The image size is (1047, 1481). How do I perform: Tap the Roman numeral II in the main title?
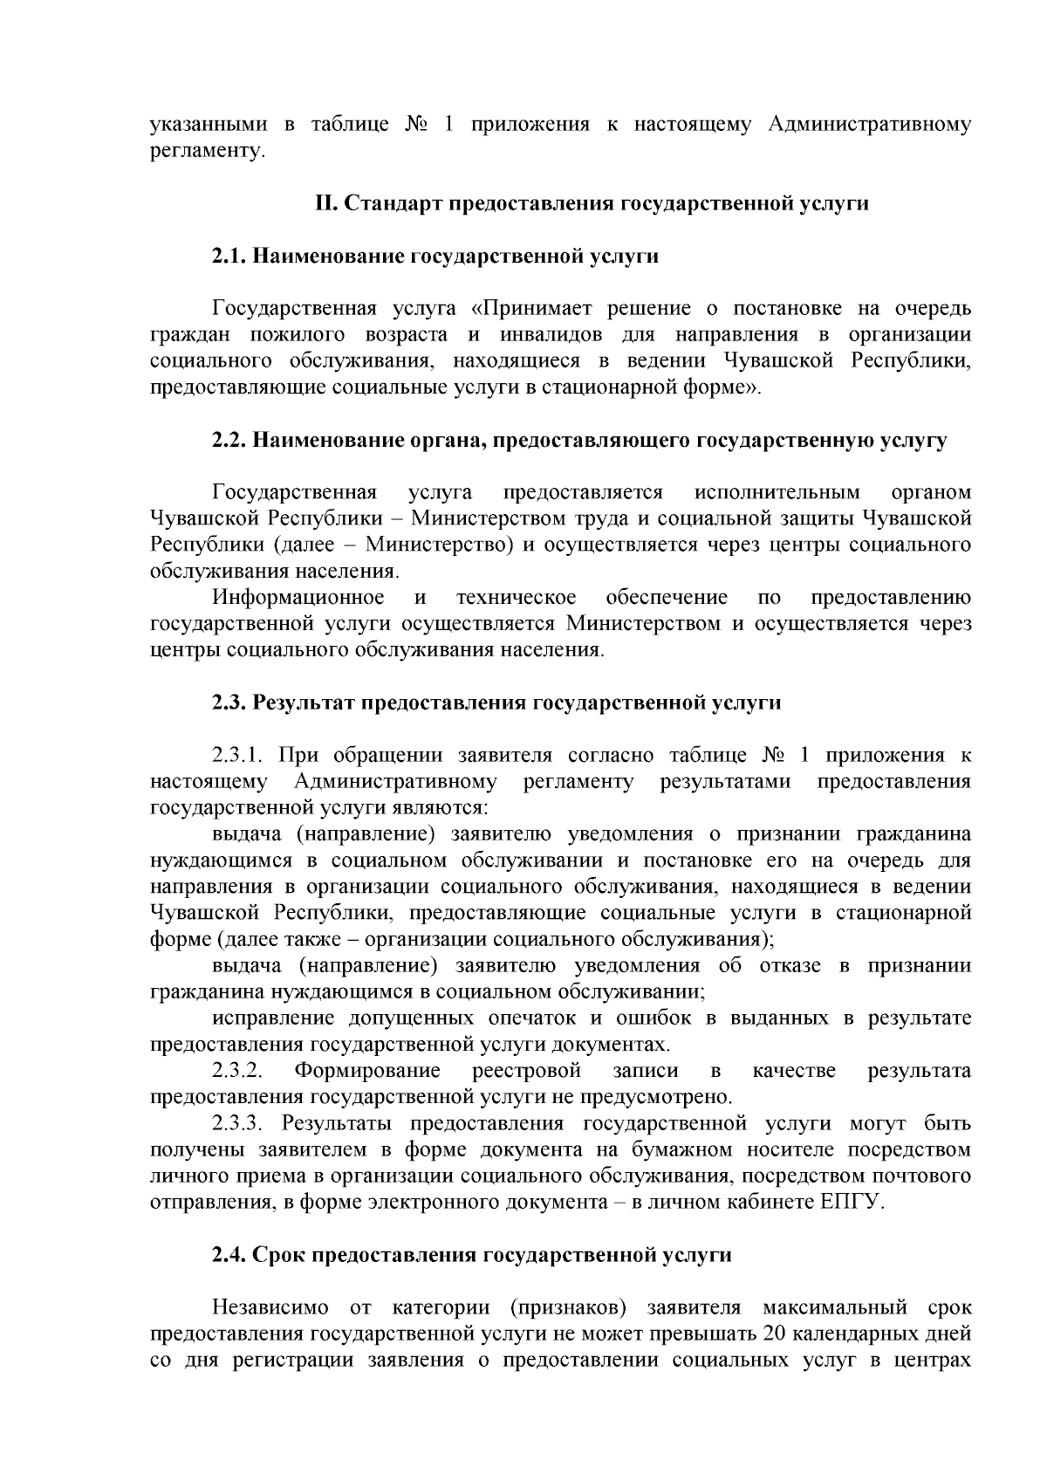[325, 203]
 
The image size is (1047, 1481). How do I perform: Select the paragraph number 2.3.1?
[241, 756]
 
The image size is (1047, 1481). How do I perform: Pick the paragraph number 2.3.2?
[238, 1071]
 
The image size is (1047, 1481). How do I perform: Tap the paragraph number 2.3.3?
[241, 1123]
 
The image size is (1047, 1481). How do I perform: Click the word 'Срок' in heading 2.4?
[279, 1255]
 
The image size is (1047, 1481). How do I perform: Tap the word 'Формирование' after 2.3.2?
[367, 1071]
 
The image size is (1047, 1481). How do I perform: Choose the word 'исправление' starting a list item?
[273, 1018]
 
